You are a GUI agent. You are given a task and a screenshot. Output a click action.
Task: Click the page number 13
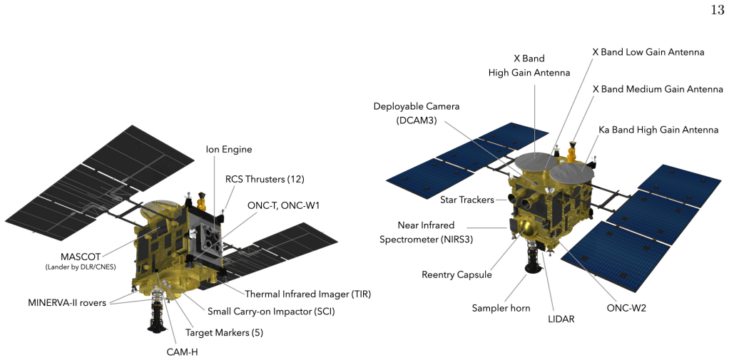[718, 9]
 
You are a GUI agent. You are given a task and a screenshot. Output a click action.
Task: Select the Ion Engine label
[229, 149]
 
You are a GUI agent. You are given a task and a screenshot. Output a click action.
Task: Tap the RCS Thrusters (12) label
[265, 179]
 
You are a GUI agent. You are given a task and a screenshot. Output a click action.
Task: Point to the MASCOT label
[81, 257]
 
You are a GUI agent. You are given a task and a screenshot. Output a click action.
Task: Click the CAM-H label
[183, 351]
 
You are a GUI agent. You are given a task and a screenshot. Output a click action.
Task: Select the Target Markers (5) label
[225, 333]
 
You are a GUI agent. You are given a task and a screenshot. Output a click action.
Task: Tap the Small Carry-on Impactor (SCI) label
[272, 312]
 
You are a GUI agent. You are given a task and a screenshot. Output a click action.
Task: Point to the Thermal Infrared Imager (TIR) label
[307, 294]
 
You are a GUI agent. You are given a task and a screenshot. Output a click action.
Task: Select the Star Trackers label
[467, 200]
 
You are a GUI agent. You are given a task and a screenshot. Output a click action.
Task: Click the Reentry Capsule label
[457, 274]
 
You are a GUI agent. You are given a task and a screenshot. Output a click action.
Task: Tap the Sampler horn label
[501, 307]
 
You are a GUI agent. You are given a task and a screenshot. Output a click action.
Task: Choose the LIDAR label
[561, 319]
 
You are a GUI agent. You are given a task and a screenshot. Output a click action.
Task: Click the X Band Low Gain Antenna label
[648, 52]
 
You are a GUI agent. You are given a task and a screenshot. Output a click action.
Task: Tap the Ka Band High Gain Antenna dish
[572, 174]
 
